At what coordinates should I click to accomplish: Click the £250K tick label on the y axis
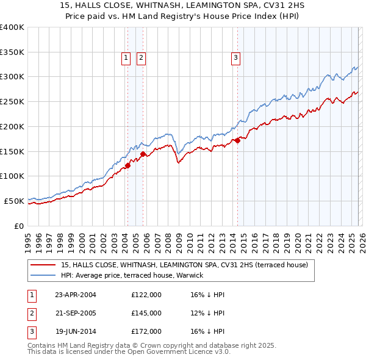(12, 102)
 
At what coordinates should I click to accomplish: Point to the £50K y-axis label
(14, 201)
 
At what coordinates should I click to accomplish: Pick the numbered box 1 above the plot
(126, 58)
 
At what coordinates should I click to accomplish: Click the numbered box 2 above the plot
(141, 58)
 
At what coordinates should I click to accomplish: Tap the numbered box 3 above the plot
(235, 58)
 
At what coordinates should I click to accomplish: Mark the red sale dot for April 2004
(128, 165)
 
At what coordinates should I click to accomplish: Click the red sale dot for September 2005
(143, 154)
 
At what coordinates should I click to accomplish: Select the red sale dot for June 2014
(237, 141)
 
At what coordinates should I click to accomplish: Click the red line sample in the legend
(43, 265)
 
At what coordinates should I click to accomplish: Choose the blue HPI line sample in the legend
(43, 276)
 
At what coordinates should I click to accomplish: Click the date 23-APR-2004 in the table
(76, 295)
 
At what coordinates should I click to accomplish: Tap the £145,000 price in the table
(146, 313)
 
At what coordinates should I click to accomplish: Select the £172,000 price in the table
(146, 332)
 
